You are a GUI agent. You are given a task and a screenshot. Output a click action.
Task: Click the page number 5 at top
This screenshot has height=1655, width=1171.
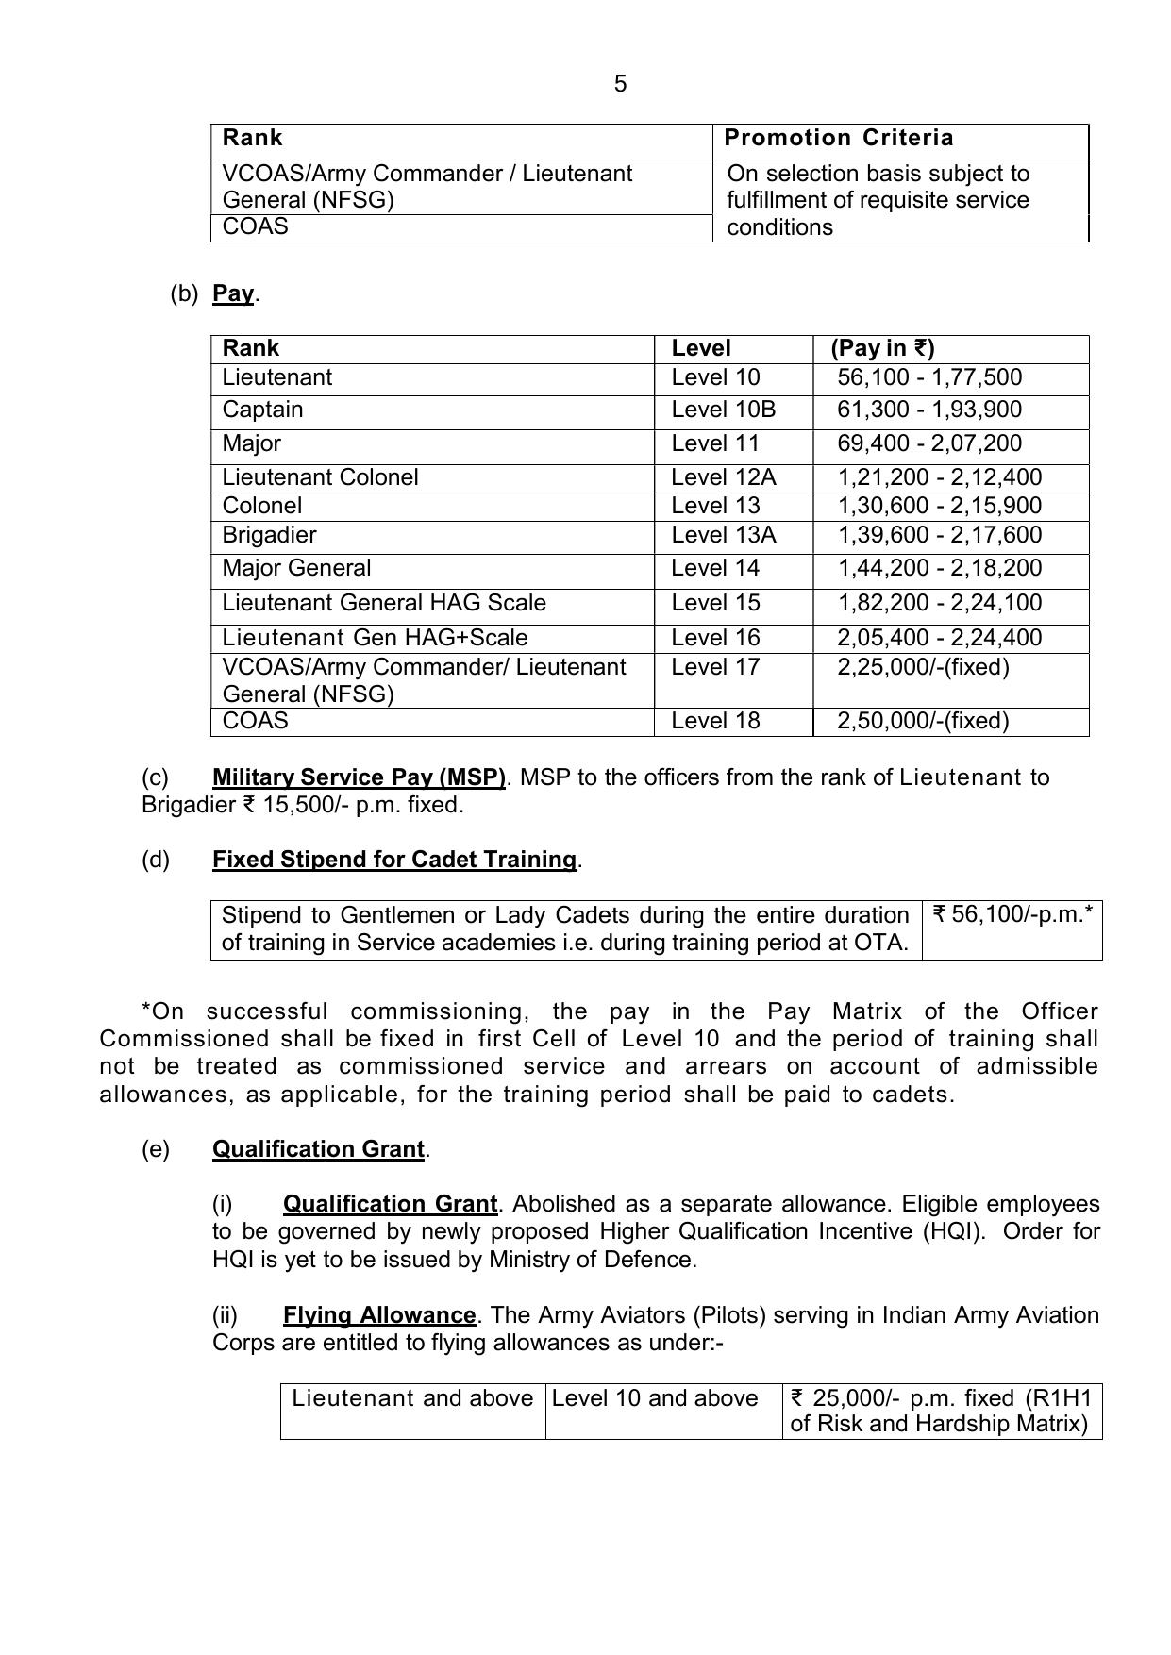tap(620, 84)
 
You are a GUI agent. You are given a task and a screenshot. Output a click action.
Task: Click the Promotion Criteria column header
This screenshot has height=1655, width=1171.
tap(838, 139)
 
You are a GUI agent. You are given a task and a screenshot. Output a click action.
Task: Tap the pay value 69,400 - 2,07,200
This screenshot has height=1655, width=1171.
tap(928, 443)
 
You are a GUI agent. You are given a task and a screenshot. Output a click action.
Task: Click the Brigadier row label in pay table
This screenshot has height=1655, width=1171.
tap(269, 535)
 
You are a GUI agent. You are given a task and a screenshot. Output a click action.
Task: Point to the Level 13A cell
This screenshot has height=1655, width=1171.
tap(723, 535)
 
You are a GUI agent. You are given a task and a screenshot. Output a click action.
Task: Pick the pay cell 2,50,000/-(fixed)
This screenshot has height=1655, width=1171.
tap(922, 721)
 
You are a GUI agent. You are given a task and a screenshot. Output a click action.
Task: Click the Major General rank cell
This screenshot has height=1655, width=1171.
tap(296, 568)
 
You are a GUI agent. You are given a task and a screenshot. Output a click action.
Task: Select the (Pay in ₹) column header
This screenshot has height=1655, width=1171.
tap(882, 348)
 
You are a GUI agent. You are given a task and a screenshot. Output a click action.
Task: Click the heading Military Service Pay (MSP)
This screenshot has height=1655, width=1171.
tap(359, 777)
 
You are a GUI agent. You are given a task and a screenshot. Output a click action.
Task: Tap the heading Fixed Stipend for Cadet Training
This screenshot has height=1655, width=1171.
tap(393, 860)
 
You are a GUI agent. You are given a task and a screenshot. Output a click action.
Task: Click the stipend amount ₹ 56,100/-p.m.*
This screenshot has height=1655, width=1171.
tap(1012, 914)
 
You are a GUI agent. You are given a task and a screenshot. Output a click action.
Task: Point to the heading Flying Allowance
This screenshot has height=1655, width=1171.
tap(378, 1315)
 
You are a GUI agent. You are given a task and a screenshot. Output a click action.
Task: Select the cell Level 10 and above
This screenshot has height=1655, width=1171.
tap(654, 1398)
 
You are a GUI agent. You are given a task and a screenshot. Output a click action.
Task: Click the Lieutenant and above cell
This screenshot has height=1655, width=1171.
tap(412, 1398)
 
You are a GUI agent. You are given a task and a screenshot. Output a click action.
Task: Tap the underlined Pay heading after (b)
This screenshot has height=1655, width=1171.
tap(233, 293)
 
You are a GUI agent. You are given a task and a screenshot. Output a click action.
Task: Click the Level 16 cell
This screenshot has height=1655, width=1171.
tap(714, 638)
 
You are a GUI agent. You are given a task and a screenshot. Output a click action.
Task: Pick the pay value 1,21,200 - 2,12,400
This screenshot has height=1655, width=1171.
tap(939, 477)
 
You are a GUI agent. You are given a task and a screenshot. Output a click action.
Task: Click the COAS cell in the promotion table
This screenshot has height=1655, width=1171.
tap(255, 226)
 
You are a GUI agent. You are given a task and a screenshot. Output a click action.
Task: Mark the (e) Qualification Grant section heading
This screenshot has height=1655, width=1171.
tap(318, 1149)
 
